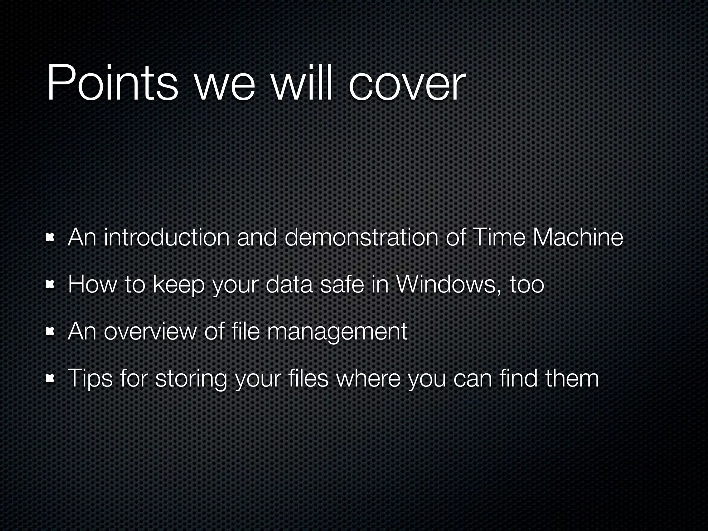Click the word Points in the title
click(x=112, y=83)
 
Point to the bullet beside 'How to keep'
click(x=51, y=285)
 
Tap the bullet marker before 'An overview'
click(x=51, y=332)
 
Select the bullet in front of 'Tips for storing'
click(x=51, y=379)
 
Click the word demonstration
click(x=362, y=237)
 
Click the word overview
click(x=150, y=332)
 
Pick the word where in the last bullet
click(x=368, y=379)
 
